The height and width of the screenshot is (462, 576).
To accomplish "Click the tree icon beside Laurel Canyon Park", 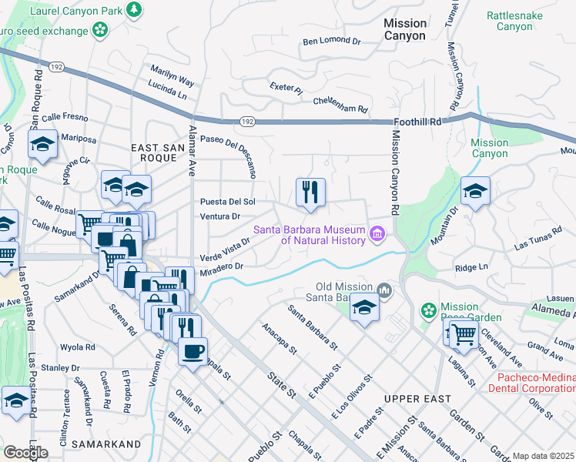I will pos(136,9).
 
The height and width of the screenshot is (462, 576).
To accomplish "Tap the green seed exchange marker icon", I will pos(99,30).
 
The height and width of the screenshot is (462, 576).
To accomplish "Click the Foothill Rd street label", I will pos(417,122).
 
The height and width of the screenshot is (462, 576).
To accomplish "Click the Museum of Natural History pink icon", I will pos(377,233).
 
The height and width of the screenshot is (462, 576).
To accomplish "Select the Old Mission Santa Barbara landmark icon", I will pos(385,290).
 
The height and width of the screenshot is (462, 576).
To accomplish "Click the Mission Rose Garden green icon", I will pos(428,310).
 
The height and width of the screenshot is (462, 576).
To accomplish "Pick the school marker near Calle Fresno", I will pos(42,143).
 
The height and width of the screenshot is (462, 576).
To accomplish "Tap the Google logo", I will pos(25,452).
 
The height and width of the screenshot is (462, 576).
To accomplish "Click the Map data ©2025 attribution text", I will pos(543,456).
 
